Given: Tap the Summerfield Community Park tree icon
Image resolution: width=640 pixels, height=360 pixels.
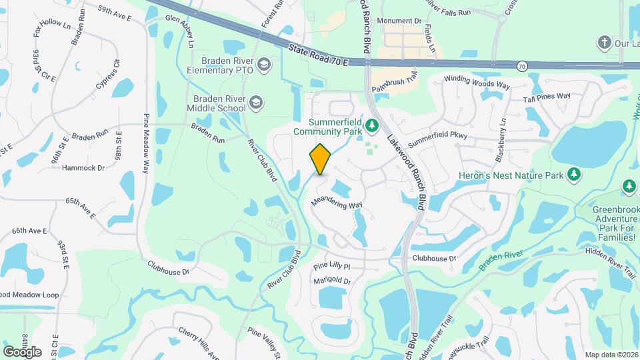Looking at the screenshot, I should (x=373, y=125).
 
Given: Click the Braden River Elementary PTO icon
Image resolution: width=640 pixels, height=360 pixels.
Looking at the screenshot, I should (x=265, y=64).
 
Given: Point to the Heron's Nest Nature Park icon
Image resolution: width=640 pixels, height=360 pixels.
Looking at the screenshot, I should (x=573, y=175).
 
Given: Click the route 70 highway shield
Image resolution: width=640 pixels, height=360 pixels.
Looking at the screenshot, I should (x=522, y=66).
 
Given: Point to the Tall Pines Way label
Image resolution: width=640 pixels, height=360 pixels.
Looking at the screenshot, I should (x=547, y=96).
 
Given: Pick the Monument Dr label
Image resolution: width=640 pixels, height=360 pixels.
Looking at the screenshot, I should (x=399, y=21).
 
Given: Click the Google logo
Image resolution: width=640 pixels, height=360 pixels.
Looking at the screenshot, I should (x=22, y=351).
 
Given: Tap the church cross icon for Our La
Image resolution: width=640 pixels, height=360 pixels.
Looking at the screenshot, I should (x=604, y=43).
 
